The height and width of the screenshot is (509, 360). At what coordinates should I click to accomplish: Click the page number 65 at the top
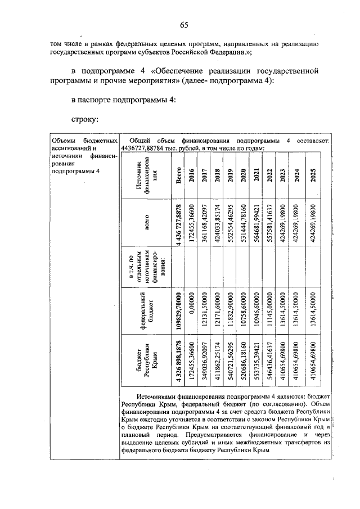[x=183, y=24]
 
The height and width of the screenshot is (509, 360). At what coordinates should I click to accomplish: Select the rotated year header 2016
[x=192, y=174]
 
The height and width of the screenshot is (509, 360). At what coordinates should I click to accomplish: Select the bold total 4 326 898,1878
[x=178, y=359]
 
